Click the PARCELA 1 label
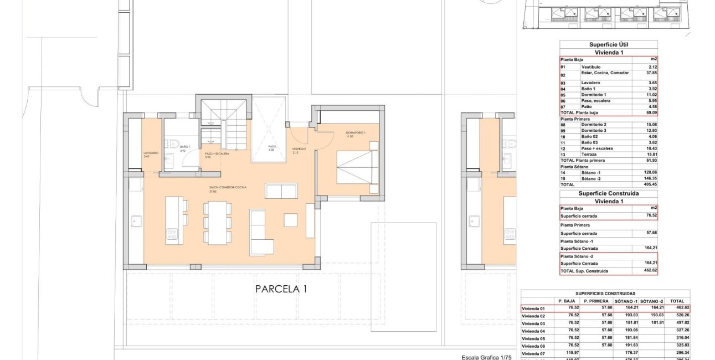pos(281,289)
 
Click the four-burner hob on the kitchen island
pos(171,235)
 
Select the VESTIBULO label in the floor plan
pos(299,149)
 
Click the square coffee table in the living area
pos(291,220)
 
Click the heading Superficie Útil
pos(608,45)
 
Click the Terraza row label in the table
pos(592,154)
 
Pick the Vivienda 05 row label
pos(534,338)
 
